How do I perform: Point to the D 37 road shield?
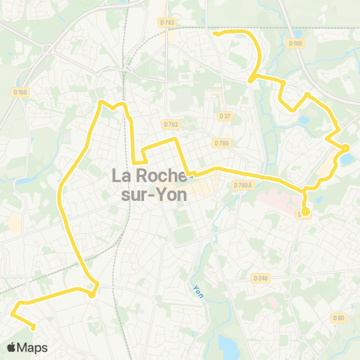coord(224,116)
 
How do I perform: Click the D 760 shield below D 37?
coord(220,142)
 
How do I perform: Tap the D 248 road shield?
coord(260,278)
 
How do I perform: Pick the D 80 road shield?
coord(338,318)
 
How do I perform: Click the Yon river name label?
coord(198,289)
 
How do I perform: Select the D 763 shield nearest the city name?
coord(170,124)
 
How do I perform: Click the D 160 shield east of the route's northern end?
coord(295,43)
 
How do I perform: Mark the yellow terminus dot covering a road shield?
coord(305,211)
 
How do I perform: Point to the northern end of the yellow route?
coord(215,33)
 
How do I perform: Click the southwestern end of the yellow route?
coord(34,325)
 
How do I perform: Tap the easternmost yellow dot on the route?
coord(345,147)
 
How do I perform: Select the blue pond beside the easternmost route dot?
coord(346,158)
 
